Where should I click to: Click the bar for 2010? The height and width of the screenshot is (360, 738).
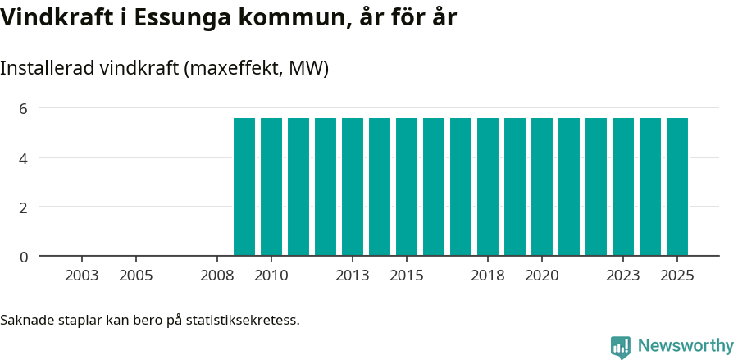(271, 187)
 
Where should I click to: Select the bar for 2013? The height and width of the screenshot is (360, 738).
(353, 187)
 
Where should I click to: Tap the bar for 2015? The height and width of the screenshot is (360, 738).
(407, 187)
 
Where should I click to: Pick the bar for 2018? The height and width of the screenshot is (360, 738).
(488, 187)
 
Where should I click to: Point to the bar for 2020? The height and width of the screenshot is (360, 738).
(542, 187)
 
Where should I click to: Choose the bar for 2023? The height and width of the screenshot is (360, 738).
(623, 187)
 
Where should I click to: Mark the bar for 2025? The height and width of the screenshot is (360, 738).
(677, 187)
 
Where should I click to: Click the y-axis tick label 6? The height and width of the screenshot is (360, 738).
(24, 108)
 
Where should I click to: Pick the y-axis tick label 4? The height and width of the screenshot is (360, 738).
(24, 157)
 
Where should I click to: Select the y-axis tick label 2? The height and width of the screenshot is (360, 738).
(24, 207)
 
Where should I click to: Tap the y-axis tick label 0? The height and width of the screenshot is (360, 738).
(24, 257)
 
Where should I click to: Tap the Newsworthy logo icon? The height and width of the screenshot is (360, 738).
(621, 347)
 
